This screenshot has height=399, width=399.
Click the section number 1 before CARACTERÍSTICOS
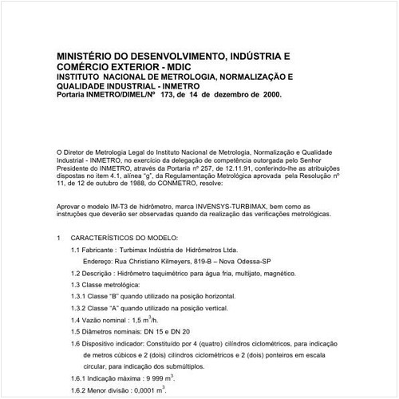click(x=60, y=238)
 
